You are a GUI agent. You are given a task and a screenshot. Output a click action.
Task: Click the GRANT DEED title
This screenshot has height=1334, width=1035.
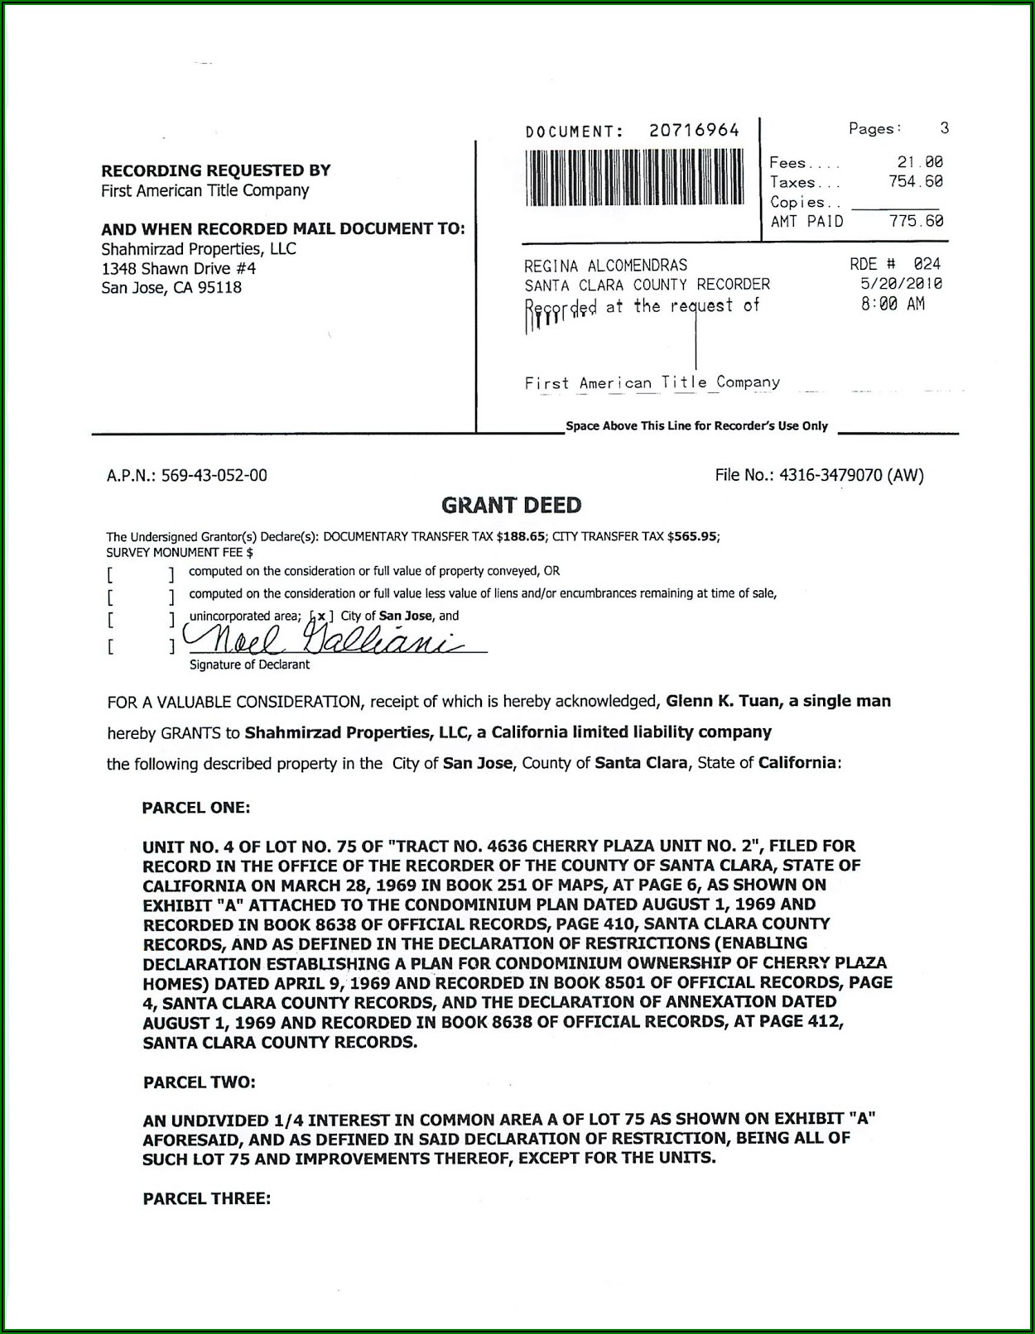coord(511,505)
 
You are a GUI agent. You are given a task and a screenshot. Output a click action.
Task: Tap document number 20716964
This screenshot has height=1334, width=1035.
coord(694,130)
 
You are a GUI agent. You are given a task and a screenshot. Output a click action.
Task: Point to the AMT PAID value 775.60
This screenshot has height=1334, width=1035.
coord(916,221)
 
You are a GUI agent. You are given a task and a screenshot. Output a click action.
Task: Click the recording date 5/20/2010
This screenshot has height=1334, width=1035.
coord(901,284)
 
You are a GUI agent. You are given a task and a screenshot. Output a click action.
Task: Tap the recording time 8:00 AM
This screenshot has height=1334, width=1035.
coord(893,304)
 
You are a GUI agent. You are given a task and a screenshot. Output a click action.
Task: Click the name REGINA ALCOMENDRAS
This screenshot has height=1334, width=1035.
coord(605,265)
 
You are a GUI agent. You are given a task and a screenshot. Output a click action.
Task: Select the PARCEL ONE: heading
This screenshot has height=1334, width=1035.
coord(196,808)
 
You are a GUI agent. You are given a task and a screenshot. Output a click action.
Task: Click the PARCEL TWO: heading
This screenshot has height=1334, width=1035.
coord(199,1082)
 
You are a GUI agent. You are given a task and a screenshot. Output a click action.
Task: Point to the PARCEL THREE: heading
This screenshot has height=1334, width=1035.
coord(206,1197)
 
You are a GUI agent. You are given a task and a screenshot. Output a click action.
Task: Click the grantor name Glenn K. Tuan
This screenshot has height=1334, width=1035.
coord(723,701)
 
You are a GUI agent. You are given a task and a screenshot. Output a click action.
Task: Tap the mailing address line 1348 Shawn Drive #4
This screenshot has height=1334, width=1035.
coord(178,268)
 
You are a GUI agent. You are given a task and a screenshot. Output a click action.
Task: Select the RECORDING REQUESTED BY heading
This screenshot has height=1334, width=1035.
coord(215,170)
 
